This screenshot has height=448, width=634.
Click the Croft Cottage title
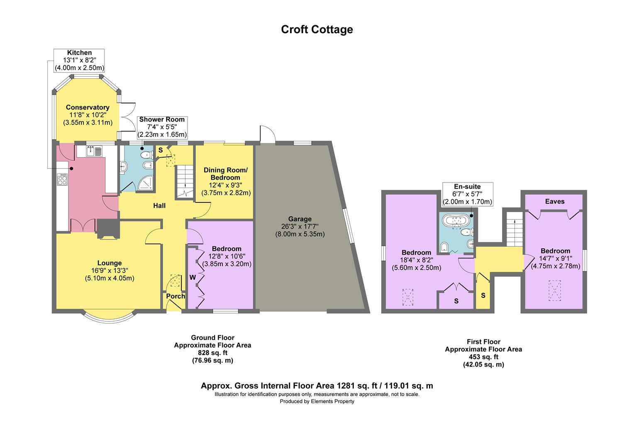(317, 29)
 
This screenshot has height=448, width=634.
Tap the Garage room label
(300, 219)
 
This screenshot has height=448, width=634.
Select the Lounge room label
(110, 263)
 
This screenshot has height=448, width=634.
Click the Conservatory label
(88, 107)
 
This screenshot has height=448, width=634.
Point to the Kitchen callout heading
(79, 53)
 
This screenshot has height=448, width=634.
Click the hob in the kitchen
(62, 180)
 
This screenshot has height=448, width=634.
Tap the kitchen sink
(95, 151)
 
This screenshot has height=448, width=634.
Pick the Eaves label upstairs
(555, 202)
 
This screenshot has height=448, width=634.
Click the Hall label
(159, 206)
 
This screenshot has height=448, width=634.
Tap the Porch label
(176, 296)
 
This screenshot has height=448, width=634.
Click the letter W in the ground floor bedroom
(193, 277)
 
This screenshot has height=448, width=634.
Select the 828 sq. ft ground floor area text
(212, 353)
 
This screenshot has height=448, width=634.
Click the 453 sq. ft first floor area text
(483, 357)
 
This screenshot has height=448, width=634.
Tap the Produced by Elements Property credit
(317, 402)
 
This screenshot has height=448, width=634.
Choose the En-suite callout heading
(467, 187)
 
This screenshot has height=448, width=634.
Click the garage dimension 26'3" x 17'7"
(300, 226)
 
